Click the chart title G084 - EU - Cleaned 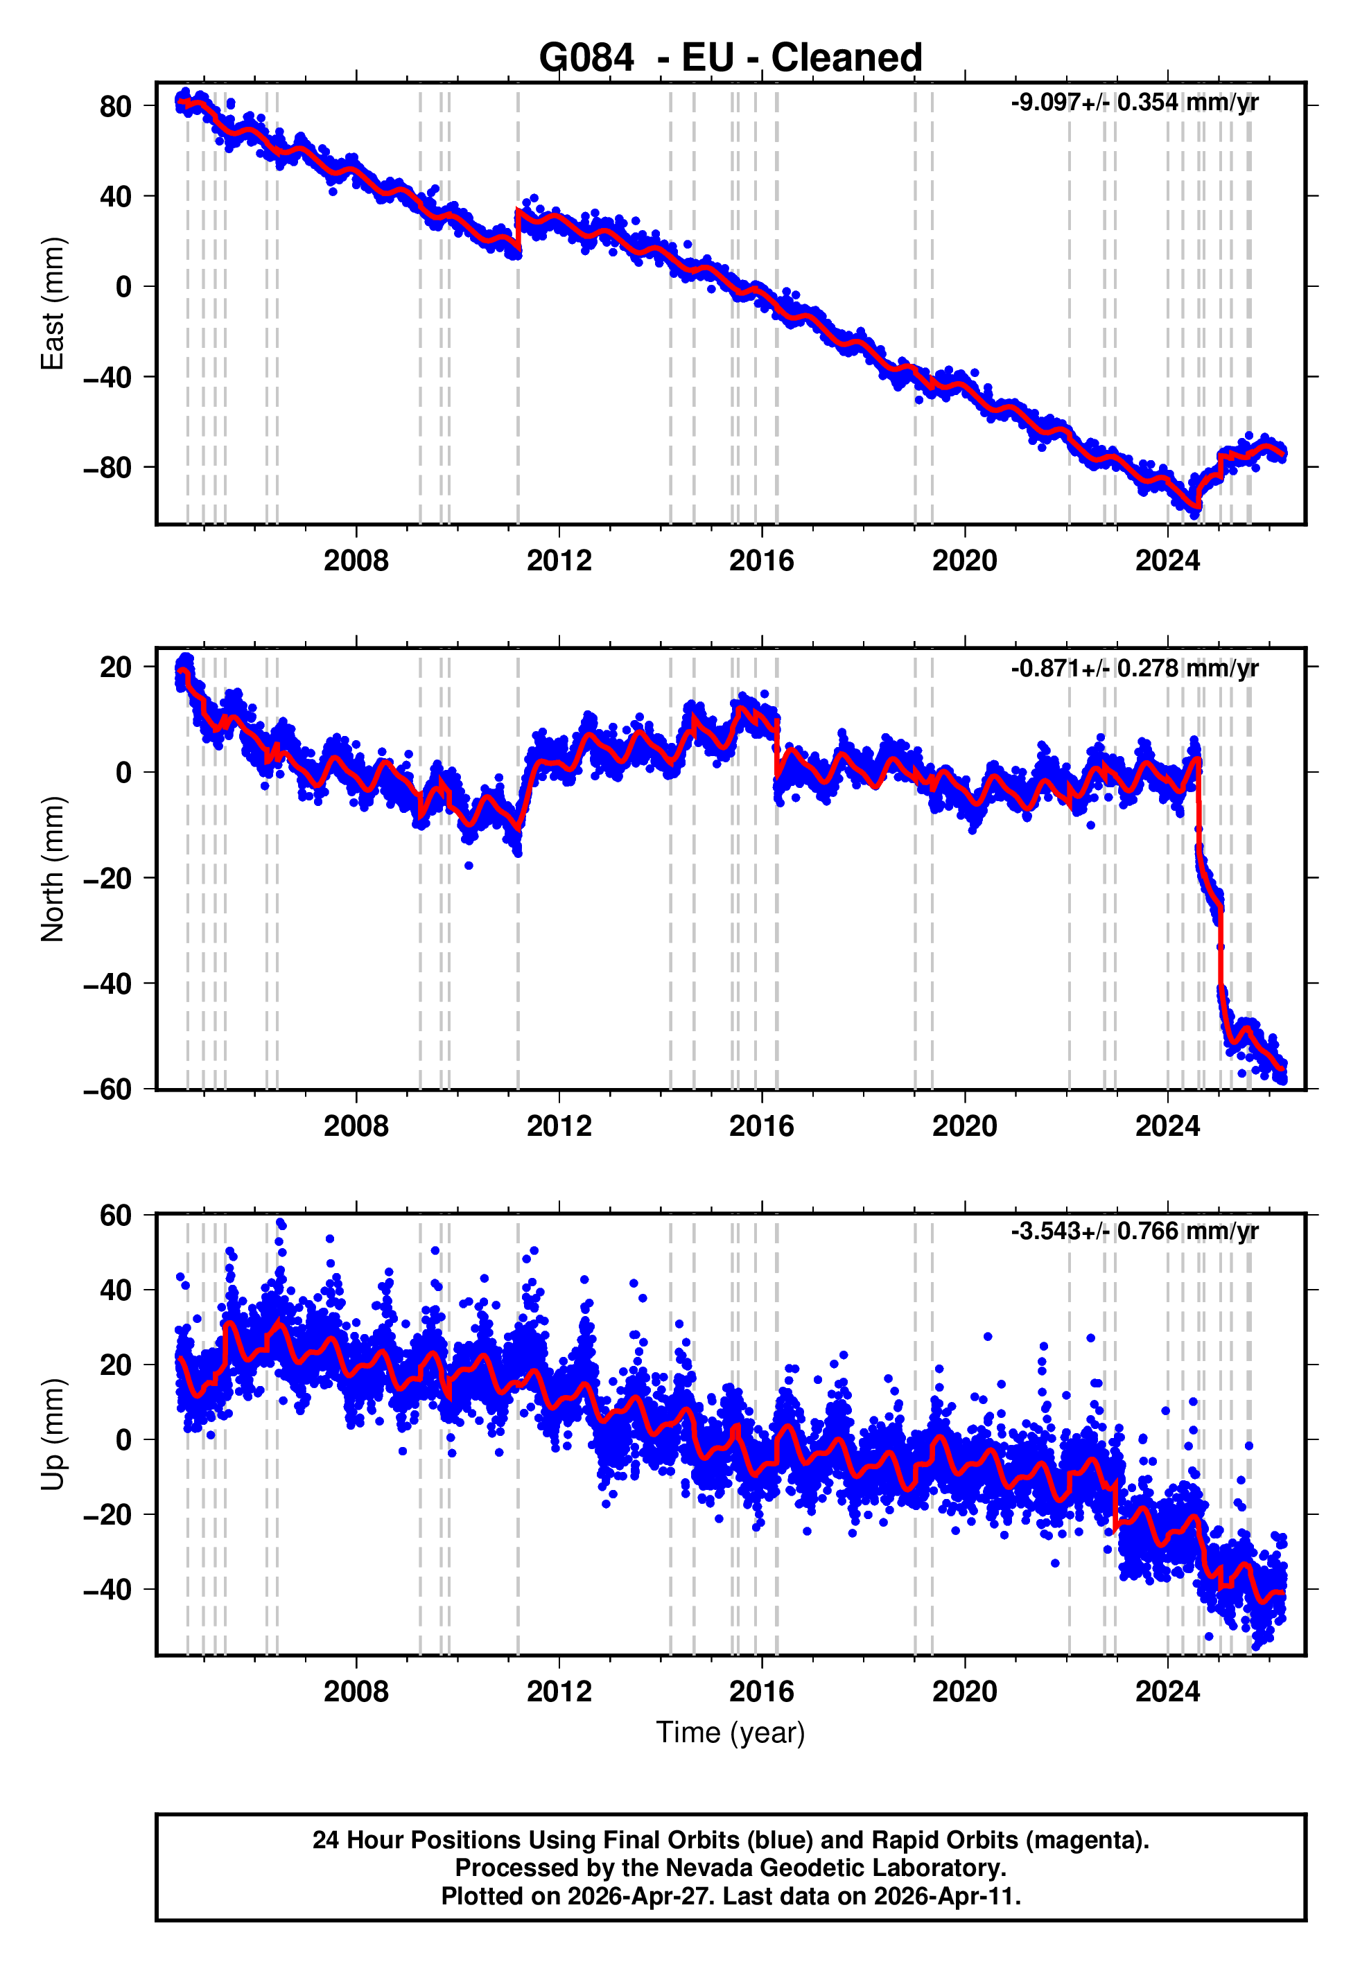(x=731, y=58)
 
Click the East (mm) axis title (x=53, y=304)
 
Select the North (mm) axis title (x=53, y=869)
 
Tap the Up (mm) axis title (x=53, y=1435)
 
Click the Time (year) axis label (x=731, y=1733)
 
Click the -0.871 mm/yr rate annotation (x=1134, y=668)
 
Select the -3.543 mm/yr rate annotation (x=1134, y=1231)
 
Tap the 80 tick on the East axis (x=116, y=107)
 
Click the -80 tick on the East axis (x=107, y=468)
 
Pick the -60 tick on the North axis (x=107, y=1089)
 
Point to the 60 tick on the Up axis (x=116, y=1216)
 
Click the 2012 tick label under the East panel (x=559, y=561)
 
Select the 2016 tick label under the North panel (x=762, y=1126)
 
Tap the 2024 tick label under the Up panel (x=1167, y=1691)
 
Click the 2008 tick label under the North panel (x=356, y=1126)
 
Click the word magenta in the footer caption (x=1084, y=1840)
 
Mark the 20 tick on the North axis (x=116, y=667)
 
